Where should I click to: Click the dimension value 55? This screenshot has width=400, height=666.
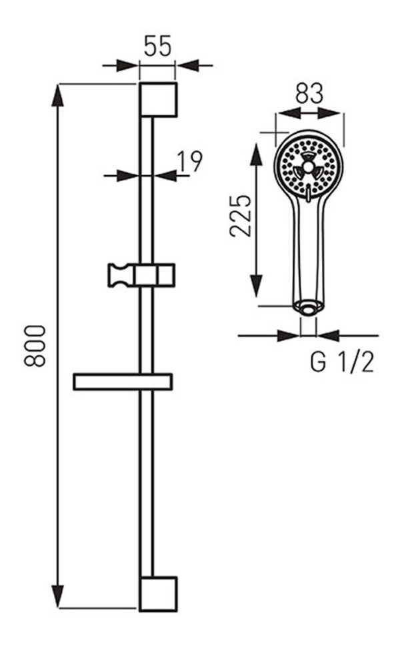(157, 46)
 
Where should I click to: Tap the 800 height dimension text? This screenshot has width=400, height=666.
(35, 346)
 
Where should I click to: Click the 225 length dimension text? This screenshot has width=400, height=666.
(241, 216)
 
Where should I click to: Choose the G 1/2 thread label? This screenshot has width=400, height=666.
(342, 362)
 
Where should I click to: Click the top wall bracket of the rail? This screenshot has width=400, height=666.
(158, 100)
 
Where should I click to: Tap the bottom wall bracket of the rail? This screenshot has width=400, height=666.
(158, 594)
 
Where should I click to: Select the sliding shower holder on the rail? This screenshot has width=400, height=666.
(141, 275)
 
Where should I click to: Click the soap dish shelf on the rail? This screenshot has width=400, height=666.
(123, 382)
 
